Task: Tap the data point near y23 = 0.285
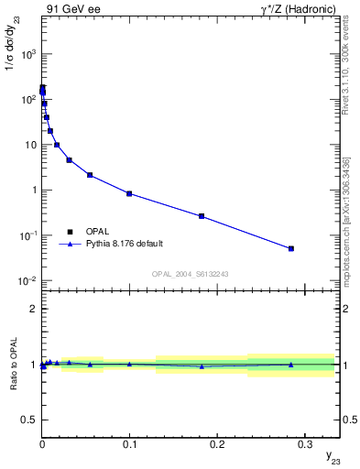coord(291,248)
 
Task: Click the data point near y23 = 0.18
coord(202,216)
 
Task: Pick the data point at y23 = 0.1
coord(129,193)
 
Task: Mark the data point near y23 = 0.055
coord(90,175)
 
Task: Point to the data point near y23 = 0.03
coord(69,160)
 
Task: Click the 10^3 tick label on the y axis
coord(27,54)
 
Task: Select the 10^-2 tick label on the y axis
coord(27,281)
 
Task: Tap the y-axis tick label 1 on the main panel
coord(33,191)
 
